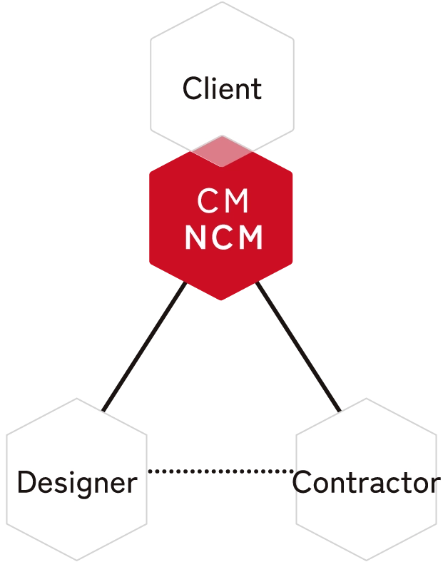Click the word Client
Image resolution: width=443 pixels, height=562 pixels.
pos(222,90)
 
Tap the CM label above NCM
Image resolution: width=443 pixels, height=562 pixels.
pos(223,203)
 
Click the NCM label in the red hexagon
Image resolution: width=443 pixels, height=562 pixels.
pos(223,238)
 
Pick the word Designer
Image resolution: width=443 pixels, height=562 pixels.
pos(76,483)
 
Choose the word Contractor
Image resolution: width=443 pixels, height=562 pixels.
pos(367,483)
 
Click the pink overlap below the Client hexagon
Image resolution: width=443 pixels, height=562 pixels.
pos(222,152)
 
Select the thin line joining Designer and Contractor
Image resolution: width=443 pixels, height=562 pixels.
pos(220,471)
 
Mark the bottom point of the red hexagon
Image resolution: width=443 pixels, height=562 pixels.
pos(222,299)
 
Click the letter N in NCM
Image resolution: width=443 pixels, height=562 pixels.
pos(194,238)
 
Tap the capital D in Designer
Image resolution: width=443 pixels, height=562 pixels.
pos(26,483)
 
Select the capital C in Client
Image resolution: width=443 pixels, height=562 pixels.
pos(191,90)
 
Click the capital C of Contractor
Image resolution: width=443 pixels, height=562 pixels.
pos(303,483)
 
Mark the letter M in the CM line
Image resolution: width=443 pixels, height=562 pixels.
pos(237,203)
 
